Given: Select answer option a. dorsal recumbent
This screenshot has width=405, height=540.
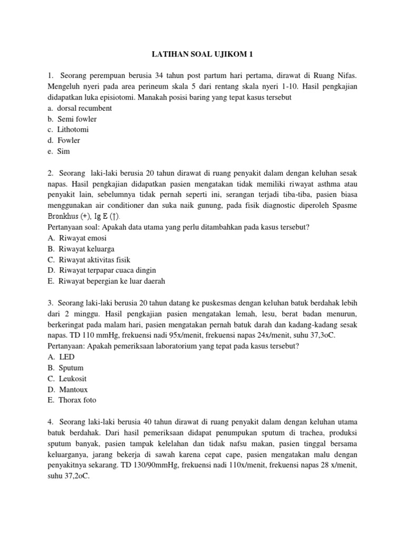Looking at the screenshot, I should coord(79,108).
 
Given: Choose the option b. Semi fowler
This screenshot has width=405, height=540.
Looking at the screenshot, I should coord(72,119).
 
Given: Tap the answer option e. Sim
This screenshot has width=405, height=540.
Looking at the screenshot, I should coord(59,151).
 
